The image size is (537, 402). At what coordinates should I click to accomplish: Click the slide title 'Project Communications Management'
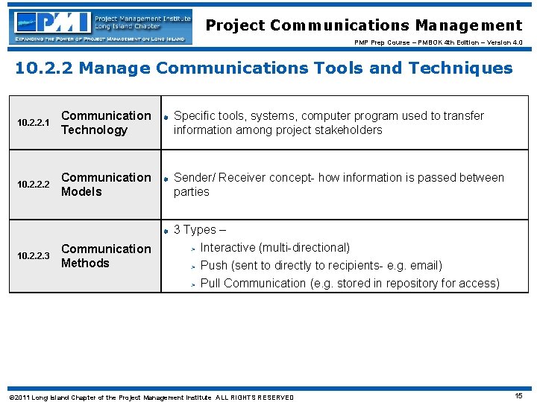coord(364,25)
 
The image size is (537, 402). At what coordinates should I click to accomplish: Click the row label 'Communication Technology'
coord(105,123)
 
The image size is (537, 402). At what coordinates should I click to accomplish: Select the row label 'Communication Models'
coord(105,185)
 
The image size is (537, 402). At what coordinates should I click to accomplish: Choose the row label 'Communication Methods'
coord(105,256)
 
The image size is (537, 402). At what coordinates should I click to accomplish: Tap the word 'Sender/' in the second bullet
coord(195,178)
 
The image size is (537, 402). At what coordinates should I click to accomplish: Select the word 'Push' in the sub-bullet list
coord(214,266)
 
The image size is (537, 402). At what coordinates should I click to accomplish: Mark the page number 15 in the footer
coord(518,396)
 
